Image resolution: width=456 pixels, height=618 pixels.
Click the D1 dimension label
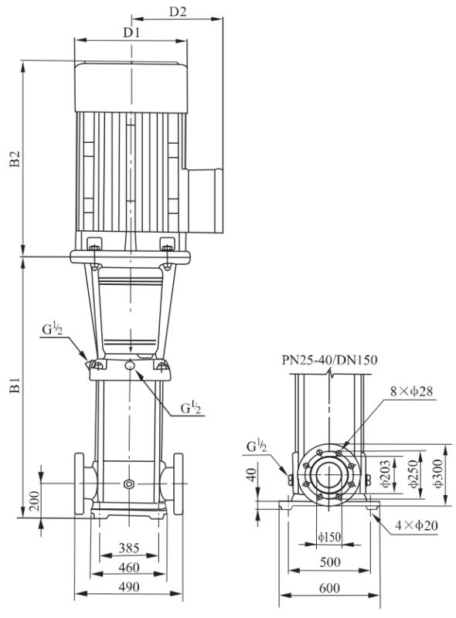pos(131,32)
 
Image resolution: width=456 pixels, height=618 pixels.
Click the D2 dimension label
pos(178,12)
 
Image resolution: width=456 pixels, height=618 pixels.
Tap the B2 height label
pos(15,158)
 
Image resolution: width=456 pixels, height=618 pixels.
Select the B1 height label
pos(15,385)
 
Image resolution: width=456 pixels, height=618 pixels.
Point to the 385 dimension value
pos(129,548)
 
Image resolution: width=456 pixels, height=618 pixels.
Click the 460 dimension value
pos(129,568)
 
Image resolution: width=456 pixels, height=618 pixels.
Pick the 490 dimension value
pos(129,587)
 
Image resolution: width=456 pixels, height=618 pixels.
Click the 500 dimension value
pos(330,562)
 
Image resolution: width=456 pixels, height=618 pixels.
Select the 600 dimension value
pos(329,588)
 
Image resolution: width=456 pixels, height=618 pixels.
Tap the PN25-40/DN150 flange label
pos(329,360)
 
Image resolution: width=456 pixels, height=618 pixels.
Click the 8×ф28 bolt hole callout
pos(411,391)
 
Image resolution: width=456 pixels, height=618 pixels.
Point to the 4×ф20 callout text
pos(417,525)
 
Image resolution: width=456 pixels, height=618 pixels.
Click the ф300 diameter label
pos(438,474)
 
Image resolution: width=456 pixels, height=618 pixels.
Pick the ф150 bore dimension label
pos(329,537)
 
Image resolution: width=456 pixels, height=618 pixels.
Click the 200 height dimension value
pos(35,501)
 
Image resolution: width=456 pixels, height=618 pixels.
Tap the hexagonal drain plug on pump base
pos(128,484)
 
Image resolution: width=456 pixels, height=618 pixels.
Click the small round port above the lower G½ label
pos(129,365)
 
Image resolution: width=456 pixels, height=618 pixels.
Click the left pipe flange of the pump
pos(80,484)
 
